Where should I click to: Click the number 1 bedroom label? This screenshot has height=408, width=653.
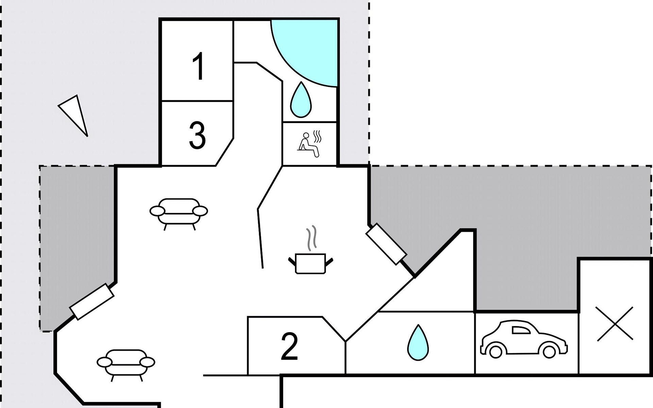coord(198,66)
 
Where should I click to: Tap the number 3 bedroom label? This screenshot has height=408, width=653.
coord(197,136)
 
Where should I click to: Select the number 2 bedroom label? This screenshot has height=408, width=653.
coord(289,346)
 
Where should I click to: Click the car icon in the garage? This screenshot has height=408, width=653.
coord(524,339)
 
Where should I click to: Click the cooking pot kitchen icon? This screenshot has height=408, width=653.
coord(311,263)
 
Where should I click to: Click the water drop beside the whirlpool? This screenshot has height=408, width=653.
coord(301,100)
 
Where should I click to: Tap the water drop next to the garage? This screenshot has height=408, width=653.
coord(418,342)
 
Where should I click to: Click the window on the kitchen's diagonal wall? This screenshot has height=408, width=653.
coord(386,244)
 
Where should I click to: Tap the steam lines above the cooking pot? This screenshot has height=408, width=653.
coord(312,238)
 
